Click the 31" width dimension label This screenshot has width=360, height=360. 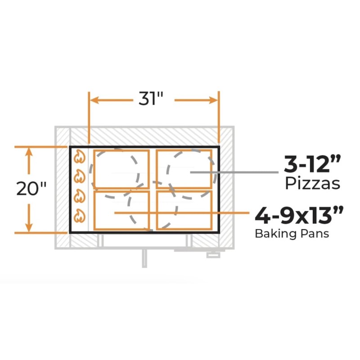pyautogui.click(x=151, y=99)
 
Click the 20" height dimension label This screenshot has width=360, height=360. pyautogui.click(x=31, y=189)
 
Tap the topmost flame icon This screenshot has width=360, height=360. pyautogui.click(x=80, y=157)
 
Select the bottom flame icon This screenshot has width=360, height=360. pyautogui.click(x=80, y=216)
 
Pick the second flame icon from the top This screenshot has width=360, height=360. pyautogui.click(x=80, y=176)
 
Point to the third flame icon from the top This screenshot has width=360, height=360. pyautogui.click(x=80, y=196)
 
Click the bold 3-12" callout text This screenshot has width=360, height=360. pyautogui.click(x=312, y=164)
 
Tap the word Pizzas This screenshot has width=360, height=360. pyautogui.click(x=312, y=184)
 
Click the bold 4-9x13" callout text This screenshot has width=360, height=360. pyautogui.click(x=299, y=215)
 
